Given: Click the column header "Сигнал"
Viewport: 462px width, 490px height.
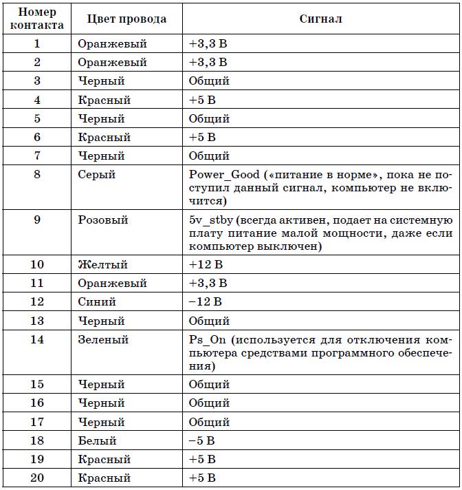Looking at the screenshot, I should (x=321, y=19).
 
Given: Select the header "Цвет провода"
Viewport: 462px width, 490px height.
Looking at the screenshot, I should (x=127, y=19).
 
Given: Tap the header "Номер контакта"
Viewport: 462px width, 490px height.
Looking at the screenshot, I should (x=37, y=19).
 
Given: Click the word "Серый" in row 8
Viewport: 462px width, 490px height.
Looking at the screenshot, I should (x=97, y=175).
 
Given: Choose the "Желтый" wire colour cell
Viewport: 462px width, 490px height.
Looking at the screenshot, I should (x=102, y=264).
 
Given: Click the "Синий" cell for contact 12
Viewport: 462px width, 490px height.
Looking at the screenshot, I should (x=97, y=301).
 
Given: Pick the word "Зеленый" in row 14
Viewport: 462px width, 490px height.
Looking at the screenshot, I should (x=103, y=340).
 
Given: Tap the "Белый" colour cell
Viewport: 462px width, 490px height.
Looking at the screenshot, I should (x=98, y=440).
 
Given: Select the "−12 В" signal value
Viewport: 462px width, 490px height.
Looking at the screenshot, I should (x=206, y=301).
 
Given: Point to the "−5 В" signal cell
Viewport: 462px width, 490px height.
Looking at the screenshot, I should (x=203, y=440).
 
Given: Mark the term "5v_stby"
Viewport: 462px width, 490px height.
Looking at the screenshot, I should (x=210, y=220).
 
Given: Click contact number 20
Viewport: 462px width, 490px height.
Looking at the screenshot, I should (x=37, y=478).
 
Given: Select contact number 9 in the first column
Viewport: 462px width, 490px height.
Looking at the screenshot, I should (x=37, y=220).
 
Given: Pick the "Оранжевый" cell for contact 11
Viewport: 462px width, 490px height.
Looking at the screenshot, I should (x=112, y=283).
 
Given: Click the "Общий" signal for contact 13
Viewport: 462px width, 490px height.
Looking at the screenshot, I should (x=209, y=321).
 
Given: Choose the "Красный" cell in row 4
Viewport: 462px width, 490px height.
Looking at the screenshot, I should (x=104, y=100).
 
